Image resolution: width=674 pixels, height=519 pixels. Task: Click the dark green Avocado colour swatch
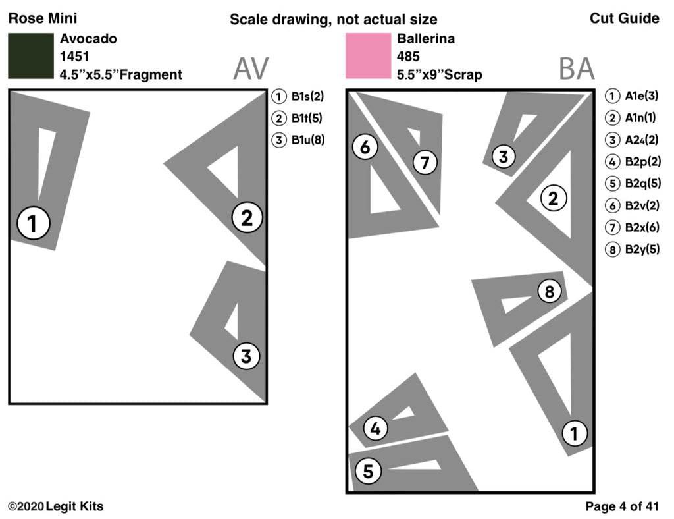[30, 56]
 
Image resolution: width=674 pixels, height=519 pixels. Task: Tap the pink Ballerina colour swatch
[368, 56]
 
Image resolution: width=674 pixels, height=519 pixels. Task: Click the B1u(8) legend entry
[299, 140]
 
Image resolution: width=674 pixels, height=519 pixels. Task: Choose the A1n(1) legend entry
[632, 119]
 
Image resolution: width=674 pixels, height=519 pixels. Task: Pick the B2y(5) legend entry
[632, 249]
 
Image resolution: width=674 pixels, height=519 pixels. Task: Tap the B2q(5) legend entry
[632, 184]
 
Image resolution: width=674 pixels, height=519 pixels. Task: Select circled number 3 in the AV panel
[246, 356]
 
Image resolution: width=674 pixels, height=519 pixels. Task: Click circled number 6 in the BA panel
[365, 148]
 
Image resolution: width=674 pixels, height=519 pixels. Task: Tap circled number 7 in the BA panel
[425, 163]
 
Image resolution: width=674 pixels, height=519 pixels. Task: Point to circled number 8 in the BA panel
[550, 290]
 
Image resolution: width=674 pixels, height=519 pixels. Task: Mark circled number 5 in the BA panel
[368, 471]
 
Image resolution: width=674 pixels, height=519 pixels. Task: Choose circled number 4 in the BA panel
[375, 429]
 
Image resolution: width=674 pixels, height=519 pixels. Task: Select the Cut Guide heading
[624, 18]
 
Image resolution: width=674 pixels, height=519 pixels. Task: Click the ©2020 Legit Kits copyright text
[56, 506]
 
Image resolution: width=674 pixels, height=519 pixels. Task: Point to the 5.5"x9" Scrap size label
[439, 74]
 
